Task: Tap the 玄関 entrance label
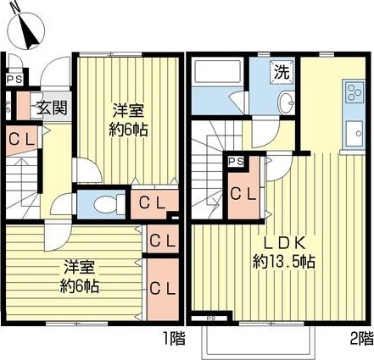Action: pyautogui.click(x=45, y=108)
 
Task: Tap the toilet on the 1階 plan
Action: pyautogui.click(x=104, y=203)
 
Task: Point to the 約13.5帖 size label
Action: pyautogui.click(x=283, y=262)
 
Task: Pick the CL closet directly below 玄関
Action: pyautogui.click(x=22, y=139)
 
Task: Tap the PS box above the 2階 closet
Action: pyautogui.click(x=237, y=161)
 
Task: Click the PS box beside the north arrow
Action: pyautogui.click(x=11, y=80)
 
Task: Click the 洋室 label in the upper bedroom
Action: pyautogui.click(x=127, y=110)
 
